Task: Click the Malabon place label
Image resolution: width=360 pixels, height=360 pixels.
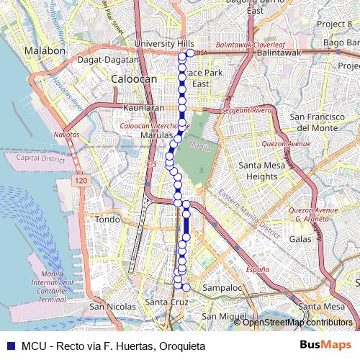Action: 45,51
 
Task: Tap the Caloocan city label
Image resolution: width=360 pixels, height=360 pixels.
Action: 129,78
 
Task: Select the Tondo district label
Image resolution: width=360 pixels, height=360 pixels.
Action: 107,219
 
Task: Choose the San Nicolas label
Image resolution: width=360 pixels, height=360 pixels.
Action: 112,307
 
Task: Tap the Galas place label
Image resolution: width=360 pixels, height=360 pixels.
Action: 300,238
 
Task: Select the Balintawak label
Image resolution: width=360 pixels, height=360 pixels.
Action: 279,53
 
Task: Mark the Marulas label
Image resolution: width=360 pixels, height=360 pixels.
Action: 157,135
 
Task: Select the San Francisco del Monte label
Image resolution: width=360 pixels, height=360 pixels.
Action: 313,122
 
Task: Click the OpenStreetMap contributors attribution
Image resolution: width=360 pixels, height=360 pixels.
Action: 297,323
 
